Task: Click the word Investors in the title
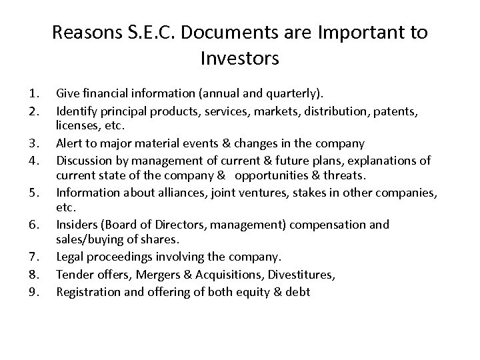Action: coord(239,59)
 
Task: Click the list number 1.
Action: coord(27,93)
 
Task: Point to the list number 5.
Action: coord(27,193)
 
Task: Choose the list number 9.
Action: coord(27,291)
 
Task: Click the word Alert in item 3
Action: coord(70,143)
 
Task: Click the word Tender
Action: coord(74,275)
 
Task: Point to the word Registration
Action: coord(87,291)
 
